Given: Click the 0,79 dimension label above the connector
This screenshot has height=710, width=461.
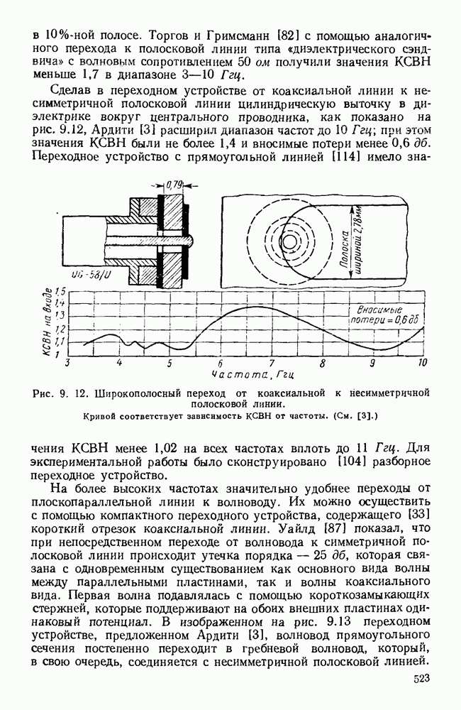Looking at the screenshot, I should pyautogui.click(x=174, y=185).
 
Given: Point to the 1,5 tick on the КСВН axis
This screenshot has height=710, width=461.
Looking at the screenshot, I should pyautogui.click(x=60, y=292).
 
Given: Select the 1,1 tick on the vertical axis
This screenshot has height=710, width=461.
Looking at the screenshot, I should pyautogui.click(x=60, y=342).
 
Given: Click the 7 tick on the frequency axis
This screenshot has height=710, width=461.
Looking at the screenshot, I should pyautogui.click(x=272, y=363).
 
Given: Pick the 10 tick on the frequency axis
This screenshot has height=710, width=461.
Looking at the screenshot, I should pyautogui.click(x=423, y=363).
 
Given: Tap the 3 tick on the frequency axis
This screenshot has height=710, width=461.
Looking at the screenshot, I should pyautogui.click(x=68, y=363).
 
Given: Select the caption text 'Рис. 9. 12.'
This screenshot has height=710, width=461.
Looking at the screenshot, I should pyautogui.click(x=58, y=390).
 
